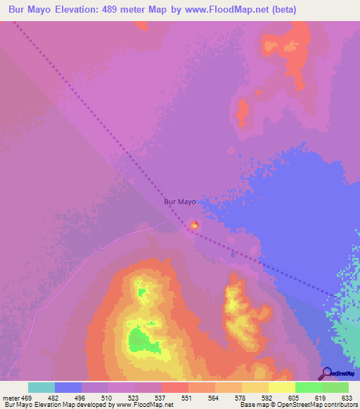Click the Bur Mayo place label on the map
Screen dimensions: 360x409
point(179,201)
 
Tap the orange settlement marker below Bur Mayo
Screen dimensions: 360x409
point(195,225)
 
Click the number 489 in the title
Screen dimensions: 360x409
point(134,10)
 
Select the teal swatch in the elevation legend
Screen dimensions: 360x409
point(41,387)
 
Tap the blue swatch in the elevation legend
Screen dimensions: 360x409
point(68,387)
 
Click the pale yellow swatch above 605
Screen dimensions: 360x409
point(282,387)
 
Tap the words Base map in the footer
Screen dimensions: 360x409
point(252,405)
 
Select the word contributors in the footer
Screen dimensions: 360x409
point(338,405)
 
